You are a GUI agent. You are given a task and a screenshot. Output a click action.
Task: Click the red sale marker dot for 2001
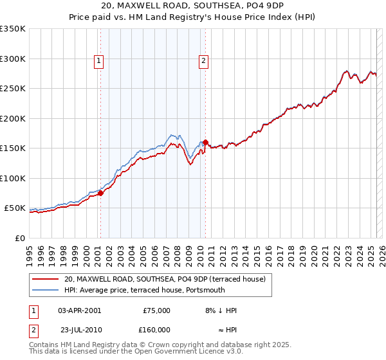click(100, 193)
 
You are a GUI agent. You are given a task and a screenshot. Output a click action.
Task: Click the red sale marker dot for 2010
click(205, 142)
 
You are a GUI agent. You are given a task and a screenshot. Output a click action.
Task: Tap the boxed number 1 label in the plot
click(100, 61)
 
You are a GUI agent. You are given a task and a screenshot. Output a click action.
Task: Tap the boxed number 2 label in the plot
click(203, 61)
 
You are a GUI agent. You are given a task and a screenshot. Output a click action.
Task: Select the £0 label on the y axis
click(19, 238)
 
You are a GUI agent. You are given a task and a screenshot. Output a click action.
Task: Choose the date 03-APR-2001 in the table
click(79, 310)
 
